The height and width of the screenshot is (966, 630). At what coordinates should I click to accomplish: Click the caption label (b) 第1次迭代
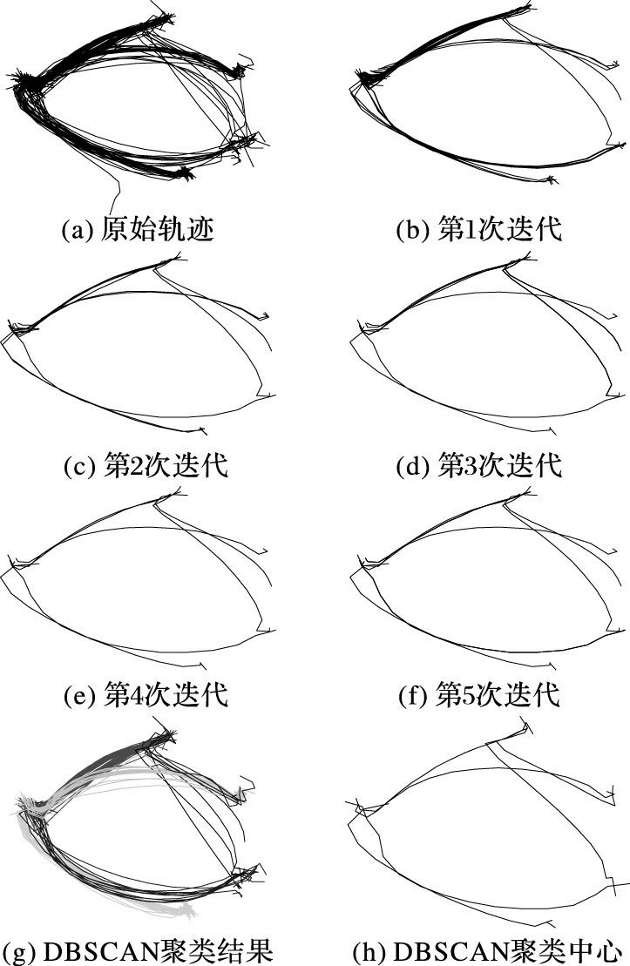(478, 230)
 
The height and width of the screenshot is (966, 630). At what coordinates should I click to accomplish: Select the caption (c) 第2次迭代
(146, 465)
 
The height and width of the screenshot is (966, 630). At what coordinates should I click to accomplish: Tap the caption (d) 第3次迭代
(478, 465)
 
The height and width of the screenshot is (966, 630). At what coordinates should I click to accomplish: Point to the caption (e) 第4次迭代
(146, 696)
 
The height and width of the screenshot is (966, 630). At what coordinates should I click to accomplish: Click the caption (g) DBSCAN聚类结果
(139, 949)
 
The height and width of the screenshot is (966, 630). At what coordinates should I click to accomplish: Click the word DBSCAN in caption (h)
(428, 949)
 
